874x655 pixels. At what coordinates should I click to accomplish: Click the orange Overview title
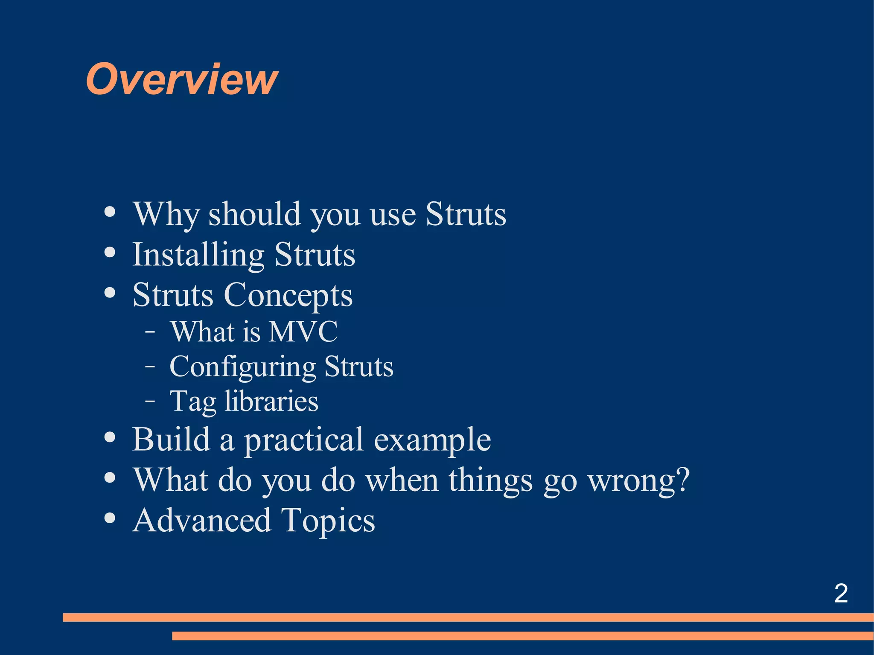tap(182, 79)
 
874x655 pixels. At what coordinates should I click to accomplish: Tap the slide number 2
tap(841, 593)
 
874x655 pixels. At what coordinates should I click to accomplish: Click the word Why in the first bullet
tap(166, 214)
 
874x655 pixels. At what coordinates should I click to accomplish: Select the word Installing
tap(198, 255)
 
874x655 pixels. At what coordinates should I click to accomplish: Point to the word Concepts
tap(288, 295)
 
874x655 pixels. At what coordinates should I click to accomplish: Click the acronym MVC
tap(303, 332)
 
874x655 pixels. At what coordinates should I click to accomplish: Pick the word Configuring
tap(242, 367)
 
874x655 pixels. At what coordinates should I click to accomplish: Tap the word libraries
tap(271, 401)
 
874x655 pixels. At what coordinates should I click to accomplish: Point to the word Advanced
tap(201, 520)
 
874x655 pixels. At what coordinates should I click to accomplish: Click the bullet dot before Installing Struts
tap(110, 252)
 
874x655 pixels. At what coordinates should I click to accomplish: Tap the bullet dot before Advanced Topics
tap(110, 518)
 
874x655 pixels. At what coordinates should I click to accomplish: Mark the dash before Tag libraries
tap(150, 401)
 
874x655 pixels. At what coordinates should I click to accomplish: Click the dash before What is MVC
tap(150, 332)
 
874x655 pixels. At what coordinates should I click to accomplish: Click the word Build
tap(171, 439)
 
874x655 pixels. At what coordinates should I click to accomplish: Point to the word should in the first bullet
tap(254, 214)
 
